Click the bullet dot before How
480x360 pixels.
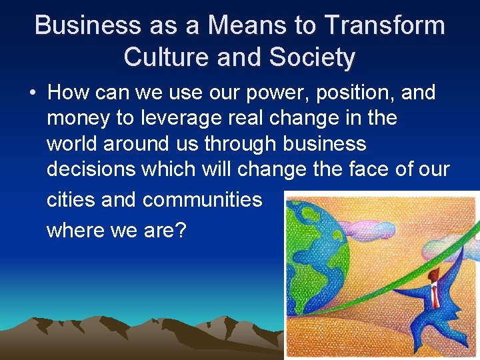pyautogui.click(x=33, y=92)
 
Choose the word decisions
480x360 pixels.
pyautogui.click(x=91, y=169)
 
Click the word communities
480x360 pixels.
pyautogui.click(x=203, y=200)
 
